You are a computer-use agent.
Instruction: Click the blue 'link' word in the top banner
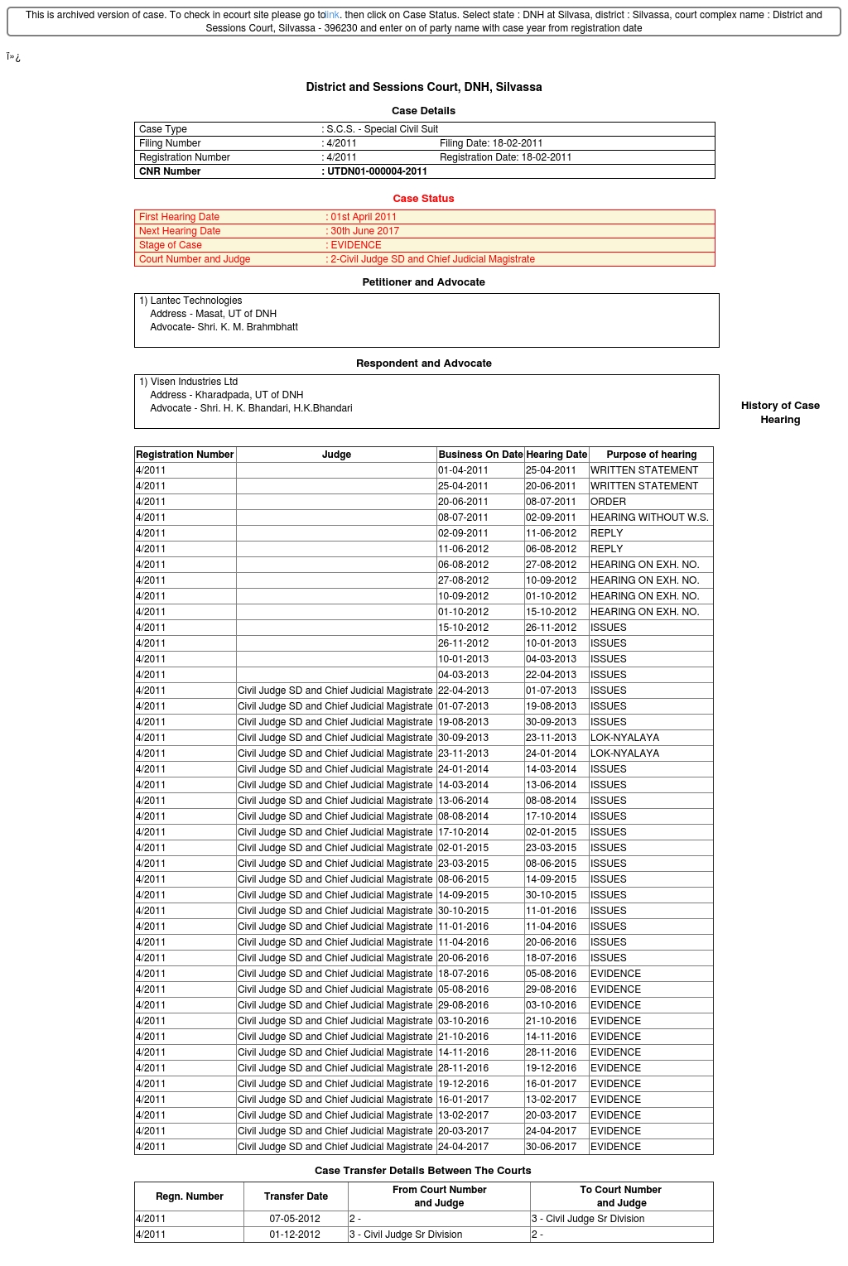332,15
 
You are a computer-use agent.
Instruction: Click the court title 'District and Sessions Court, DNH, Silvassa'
424,87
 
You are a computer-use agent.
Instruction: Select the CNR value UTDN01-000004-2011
378,171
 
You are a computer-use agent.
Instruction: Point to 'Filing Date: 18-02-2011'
491,143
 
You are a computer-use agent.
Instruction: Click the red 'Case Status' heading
423,199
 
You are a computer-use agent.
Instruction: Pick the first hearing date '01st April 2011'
364,217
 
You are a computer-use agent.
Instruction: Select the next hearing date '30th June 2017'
365,231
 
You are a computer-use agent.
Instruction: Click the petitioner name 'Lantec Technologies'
196,301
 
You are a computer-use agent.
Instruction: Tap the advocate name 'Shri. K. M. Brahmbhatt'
248,327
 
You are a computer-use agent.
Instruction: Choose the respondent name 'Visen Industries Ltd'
195,382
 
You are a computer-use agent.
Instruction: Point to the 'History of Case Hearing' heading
780,412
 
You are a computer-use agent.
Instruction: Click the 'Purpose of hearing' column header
652,455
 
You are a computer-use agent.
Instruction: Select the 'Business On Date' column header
480,455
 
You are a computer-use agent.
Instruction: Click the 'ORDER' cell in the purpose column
609,502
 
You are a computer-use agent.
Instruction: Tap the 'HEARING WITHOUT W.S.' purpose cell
649,517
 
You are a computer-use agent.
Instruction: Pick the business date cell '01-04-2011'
464,470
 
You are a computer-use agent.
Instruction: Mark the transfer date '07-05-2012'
295,1219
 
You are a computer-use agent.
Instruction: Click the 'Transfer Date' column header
296,1196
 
